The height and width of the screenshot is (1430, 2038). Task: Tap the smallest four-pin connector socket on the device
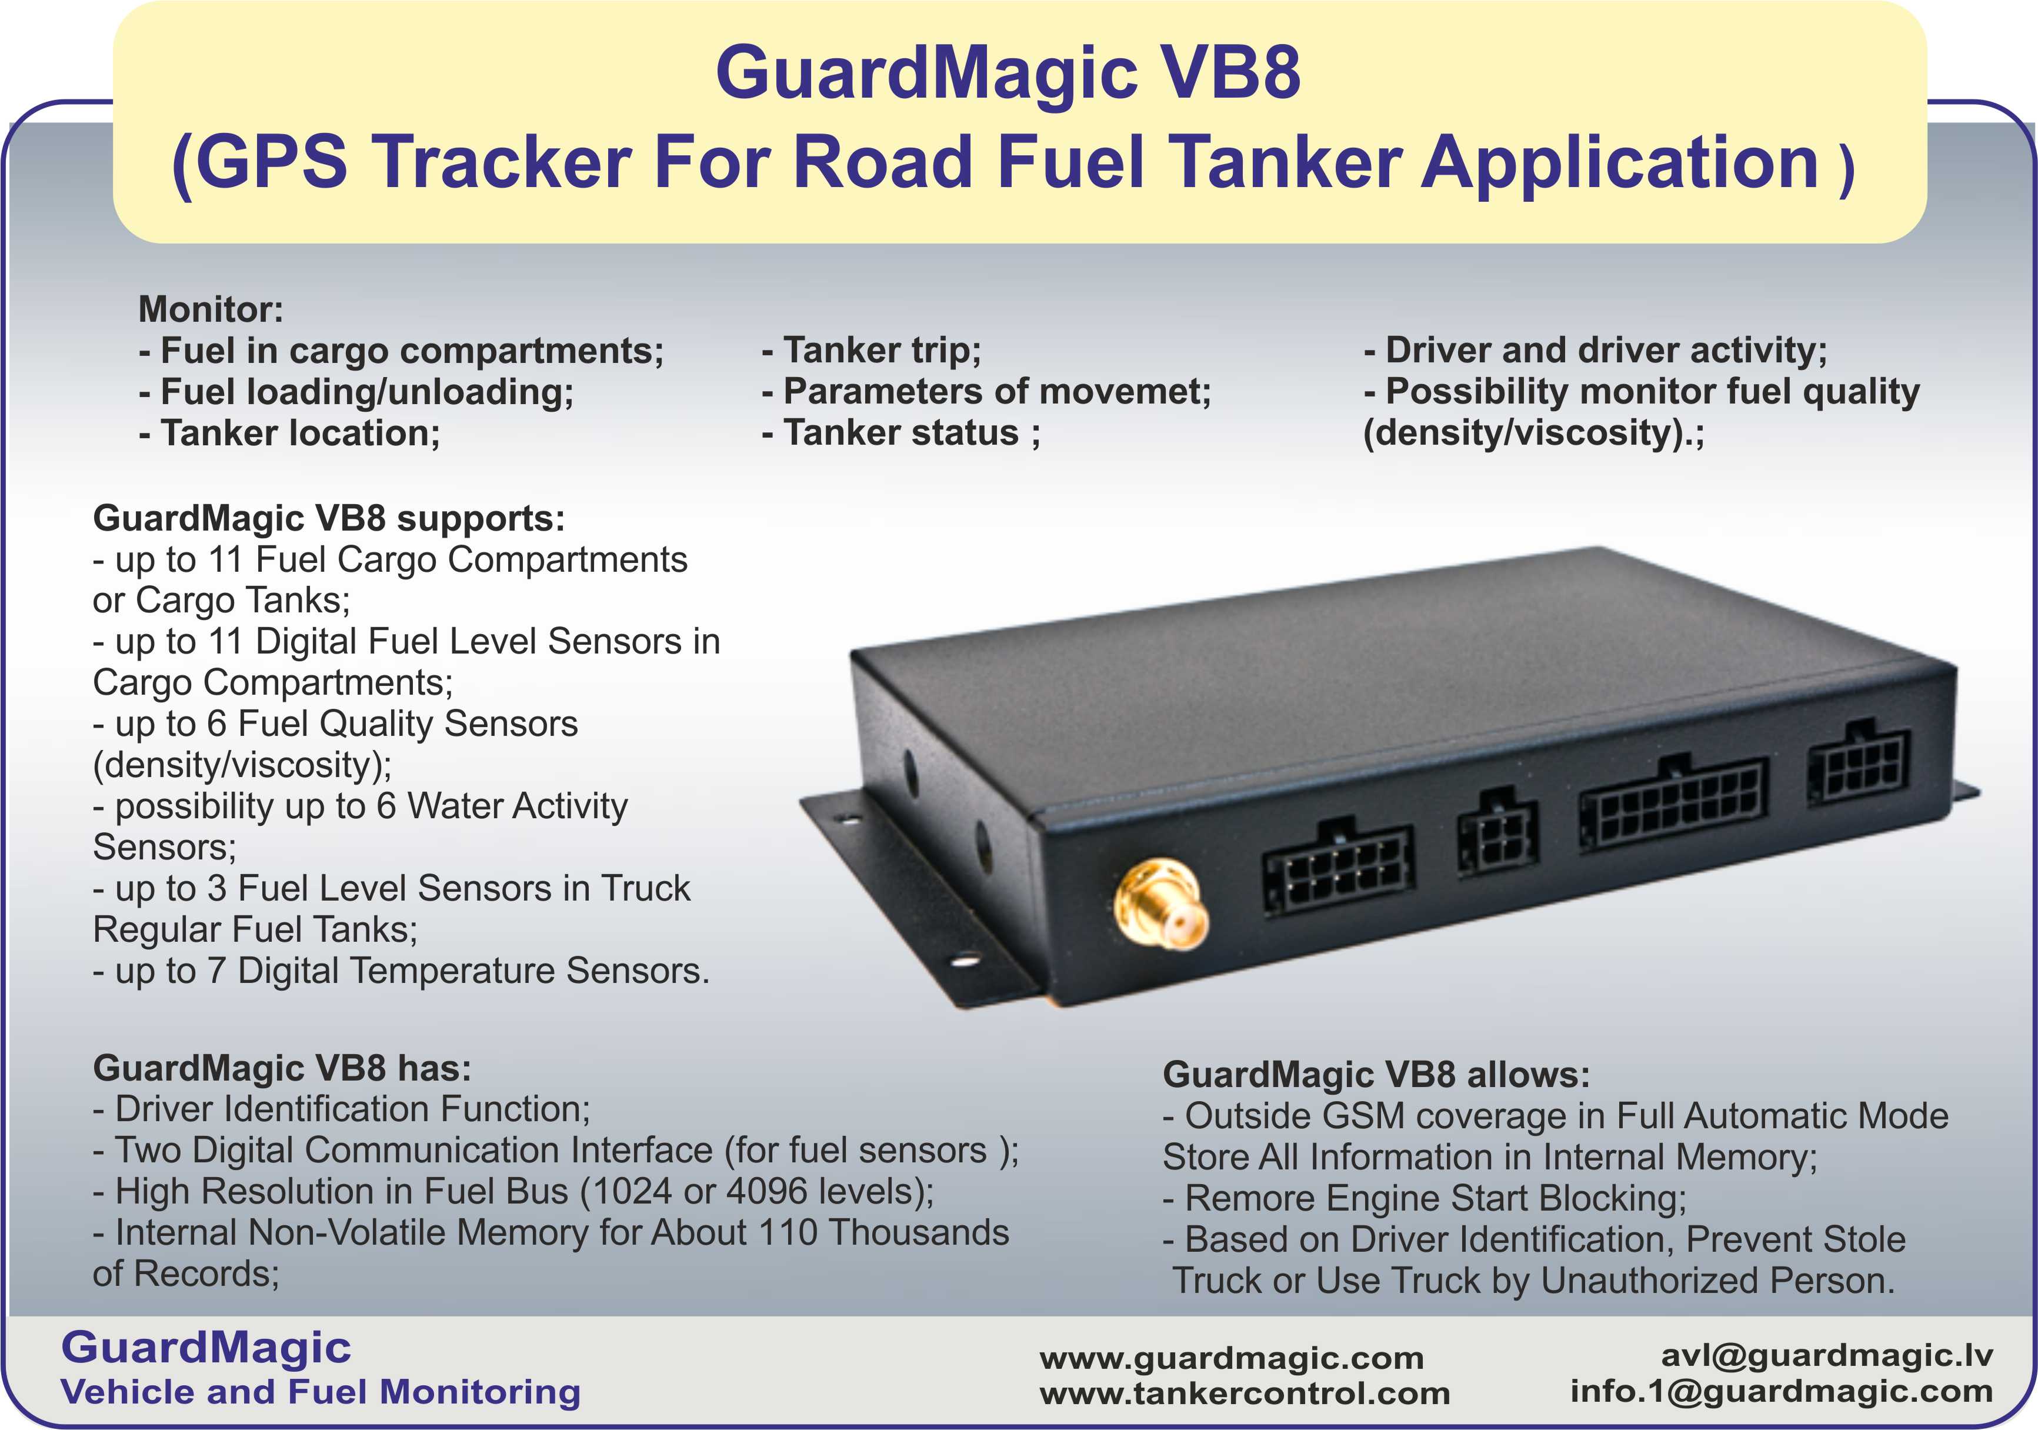(x=1497, y=834)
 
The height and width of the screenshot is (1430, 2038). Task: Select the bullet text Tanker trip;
(x=870, y=351)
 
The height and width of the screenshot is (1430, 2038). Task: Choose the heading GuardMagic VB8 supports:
(x=328, y=518)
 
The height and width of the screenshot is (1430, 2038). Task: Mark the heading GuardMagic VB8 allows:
(x=1376, y=1075)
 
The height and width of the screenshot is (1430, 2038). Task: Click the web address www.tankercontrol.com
(x=1245, y=1393)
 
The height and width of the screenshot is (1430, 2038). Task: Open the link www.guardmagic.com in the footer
(x=1231, y=1358)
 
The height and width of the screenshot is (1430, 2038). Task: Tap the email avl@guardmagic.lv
(x=1827, y=1355)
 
